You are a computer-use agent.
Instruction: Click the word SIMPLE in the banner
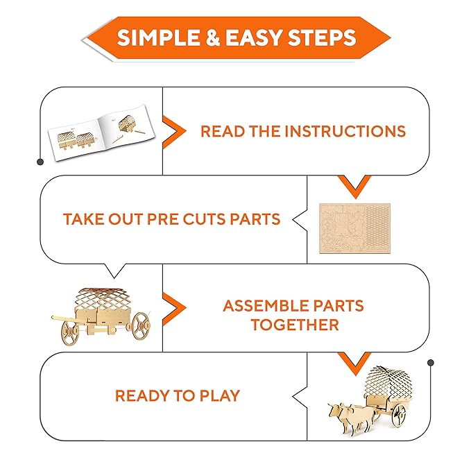click(158, 37)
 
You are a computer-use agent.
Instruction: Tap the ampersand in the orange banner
click(213, 37)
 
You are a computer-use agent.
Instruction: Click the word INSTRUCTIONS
click(345, 131)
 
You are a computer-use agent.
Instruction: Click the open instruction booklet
click(101, 132)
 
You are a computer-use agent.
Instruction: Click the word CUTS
click(204, 219)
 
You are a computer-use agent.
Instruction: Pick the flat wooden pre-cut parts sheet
click(354, 228)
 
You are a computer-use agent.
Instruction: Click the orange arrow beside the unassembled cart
click(174, 308)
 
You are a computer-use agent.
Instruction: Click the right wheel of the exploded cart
click(141, 326)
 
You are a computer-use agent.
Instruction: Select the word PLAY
click(220, 395)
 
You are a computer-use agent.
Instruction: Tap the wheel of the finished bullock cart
click(399, 415)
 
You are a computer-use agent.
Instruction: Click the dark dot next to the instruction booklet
click(40, 162)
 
